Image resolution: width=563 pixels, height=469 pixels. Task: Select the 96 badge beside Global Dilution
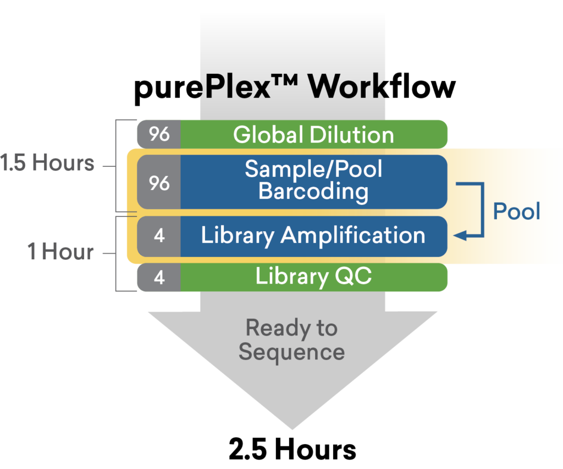159,134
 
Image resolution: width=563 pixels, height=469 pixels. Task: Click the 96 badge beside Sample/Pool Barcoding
159,183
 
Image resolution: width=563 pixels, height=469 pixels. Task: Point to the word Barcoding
313,192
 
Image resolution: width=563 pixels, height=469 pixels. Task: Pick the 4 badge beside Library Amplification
159,236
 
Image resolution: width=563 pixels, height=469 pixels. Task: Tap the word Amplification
353,236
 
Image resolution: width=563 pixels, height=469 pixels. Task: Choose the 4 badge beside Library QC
159,277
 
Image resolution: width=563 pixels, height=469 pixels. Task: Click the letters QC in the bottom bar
354,276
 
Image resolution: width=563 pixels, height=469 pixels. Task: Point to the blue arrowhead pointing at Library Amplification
459,236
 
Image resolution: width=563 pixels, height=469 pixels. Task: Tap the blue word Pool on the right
516,211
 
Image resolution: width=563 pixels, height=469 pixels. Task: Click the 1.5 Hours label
47,163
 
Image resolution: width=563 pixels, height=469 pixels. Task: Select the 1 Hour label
60,252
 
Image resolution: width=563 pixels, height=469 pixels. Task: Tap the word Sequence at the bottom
291,352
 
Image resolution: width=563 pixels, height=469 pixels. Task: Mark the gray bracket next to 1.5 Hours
117,165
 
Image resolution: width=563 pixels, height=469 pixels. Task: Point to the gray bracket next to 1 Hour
117,253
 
